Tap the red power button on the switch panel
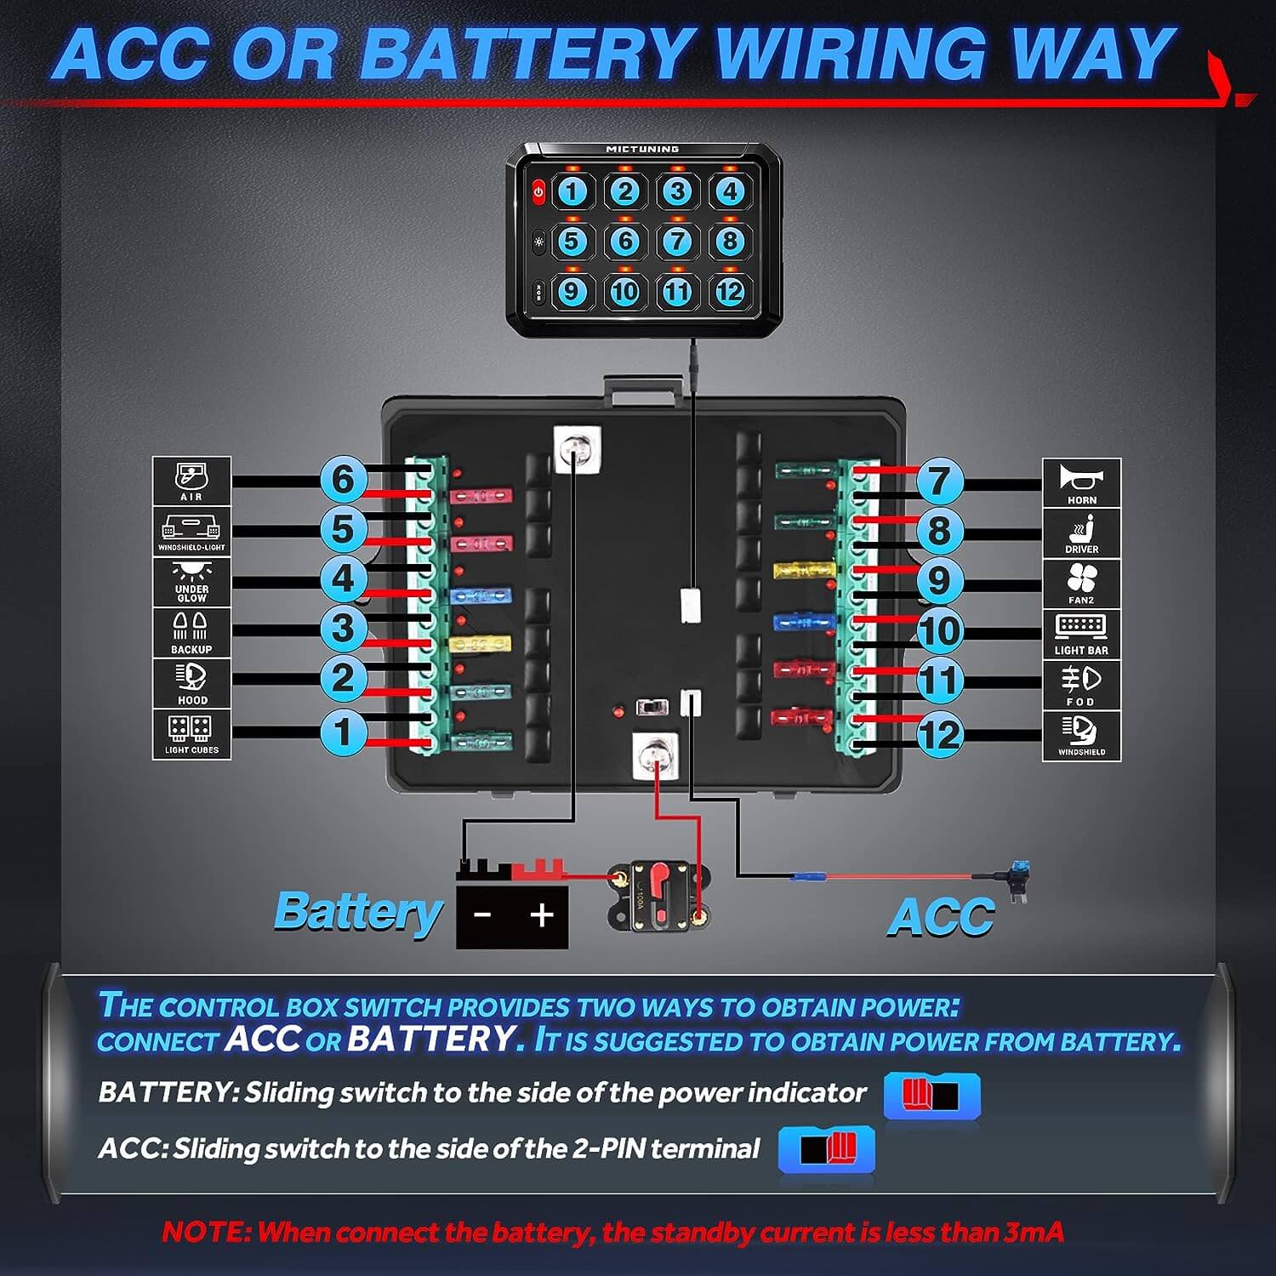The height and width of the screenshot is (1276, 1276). (x=538, y=192)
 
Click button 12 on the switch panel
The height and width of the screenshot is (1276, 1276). (x=730, y=292)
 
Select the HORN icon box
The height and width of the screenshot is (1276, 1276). (x=1081, y=484)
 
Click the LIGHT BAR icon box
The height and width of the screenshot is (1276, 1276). (x=1081, y=634)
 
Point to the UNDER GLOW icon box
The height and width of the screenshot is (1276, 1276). (x=191, y=582)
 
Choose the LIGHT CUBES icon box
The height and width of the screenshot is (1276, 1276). (x=191, y=734)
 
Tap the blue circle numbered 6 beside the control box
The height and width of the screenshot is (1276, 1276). (x=343, y=479)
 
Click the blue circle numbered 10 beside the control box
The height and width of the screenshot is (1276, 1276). (x=939, y=631)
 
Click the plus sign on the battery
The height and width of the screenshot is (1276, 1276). (x=541, y=915)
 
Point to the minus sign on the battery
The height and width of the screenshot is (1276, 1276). (x=482, y=915)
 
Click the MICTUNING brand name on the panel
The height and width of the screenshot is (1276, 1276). (x=642, y=150)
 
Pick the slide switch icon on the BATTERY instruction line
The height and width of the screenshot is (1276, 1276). (x=931, y=1095)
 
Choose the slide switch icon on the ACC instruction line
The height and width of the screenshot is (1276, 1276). (x=827, y=1149)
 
